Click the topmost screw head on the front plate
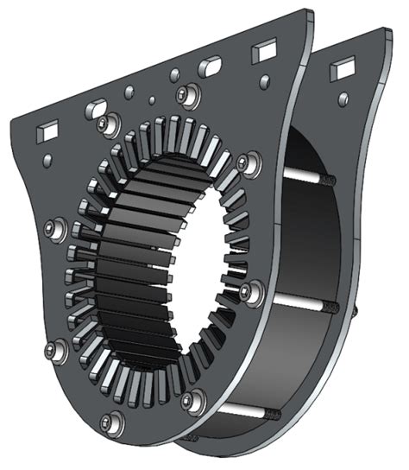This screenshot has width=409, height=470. point(186,93)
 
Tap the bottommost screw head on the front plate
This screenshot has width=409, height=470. point(108,422)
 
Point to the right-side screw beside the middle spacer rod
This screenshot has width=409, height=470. point(250,292)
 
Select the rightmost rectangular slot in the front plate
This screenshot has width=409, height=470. point(263,53)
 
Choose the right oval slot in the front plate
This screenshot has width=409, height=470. point(211,67)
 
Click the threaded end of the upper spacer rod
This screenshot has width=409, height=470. point(329,181)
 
